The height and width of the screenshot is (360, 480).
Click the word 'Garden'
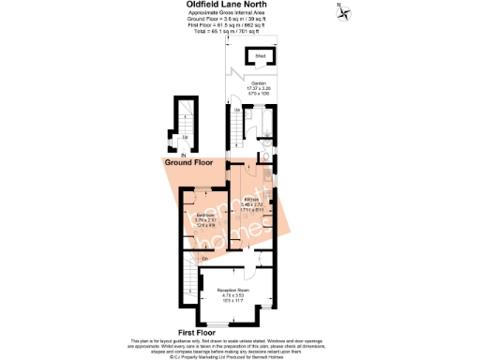point(259,84)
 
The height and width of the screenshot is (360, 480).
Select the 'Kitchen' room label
point(252,200)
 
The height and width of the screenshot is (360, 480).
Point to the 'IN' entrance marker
point(171,155)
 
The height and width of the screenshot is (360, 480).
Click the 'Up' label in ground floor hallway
point(184,137)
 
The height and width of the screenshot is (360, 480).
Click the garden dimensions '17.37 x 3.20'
point(259,90)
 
